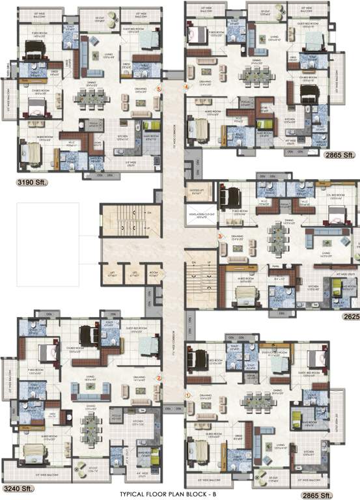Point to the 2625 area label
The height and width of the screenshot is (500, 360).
click(x=351, y=315)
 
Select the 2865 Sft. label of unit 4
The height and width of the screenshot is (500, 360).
click(x=340, y=156)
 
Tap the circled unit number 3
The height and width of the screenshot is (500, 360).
click(x=220, y=236)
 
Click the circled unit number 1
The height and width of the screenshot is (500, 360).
click(x=187, y=394)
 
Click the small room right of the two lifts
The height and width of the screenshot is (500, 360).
click(x=153, y=274)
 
